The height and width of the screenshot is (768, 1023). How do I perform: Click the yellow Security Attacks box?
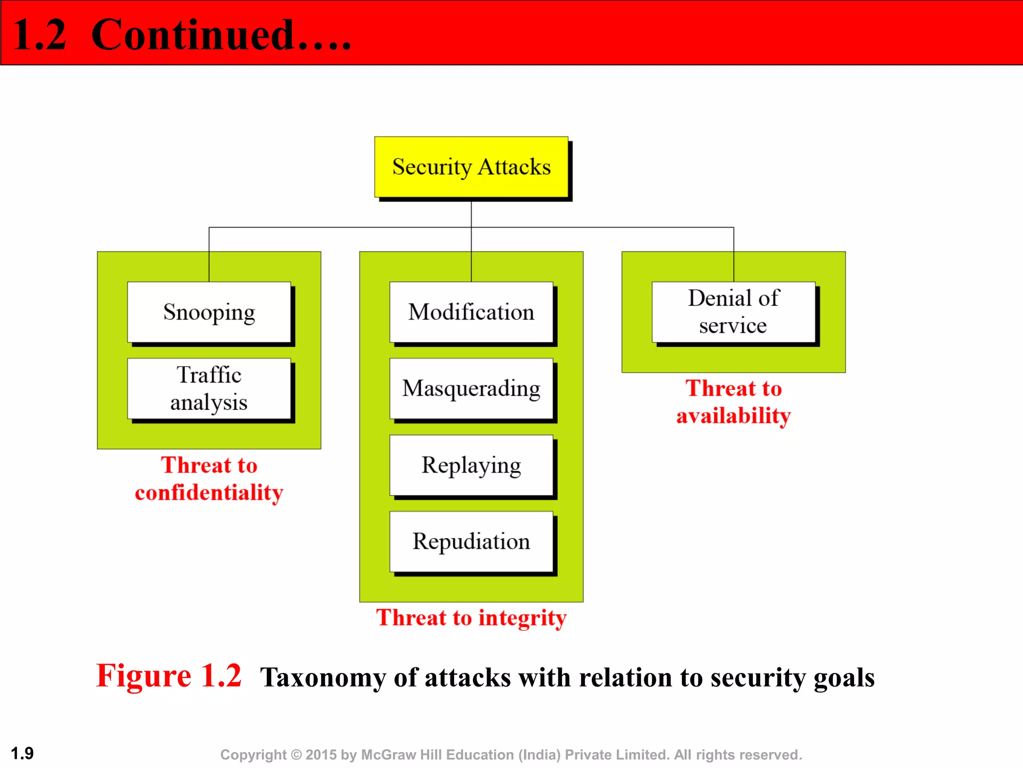(471, 167)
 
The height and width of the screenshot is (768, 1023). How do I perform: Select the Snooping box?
(209, 312)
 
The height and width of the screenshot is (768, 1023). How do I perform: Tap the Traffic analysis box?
(209, 388)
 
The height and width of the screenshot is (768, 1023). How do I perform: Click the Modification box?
(471, 312)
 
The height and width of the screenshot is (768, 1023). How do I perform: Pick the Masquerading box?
(471, 388)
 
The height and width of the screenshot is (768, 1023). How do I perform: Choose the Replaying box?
(471, 465)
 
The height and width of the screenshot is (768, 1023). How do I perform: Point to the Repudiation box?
(471, 541)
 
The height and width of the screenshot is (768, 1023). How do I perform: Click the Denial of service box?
(733, 312)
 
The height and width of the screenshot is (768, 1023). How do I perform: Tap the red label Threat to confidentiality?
(209, 478)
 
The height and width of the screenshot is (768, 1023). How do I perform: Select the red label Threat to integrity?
(471, 617)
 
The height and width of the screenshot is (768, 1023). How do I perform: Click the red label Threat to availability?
(733, 401)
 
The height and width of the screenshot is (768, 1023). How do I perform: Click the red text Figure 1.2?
(169, 676)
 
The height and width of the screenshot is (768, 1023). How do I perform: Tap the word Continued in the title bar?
(193, 35)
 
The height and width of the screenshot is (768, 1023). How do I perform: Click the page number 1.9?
(22, 753)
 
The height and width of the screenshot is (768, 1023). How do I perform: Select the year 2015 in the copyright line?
(321, 754)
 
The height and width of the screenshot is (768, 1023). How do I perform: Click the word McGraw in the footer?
(388, 754)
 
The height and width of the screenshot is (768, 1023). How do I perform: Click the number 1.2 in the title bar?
(39, 35)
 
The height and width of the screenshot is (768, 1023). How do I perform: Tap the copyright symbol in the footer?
(296, 754)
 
